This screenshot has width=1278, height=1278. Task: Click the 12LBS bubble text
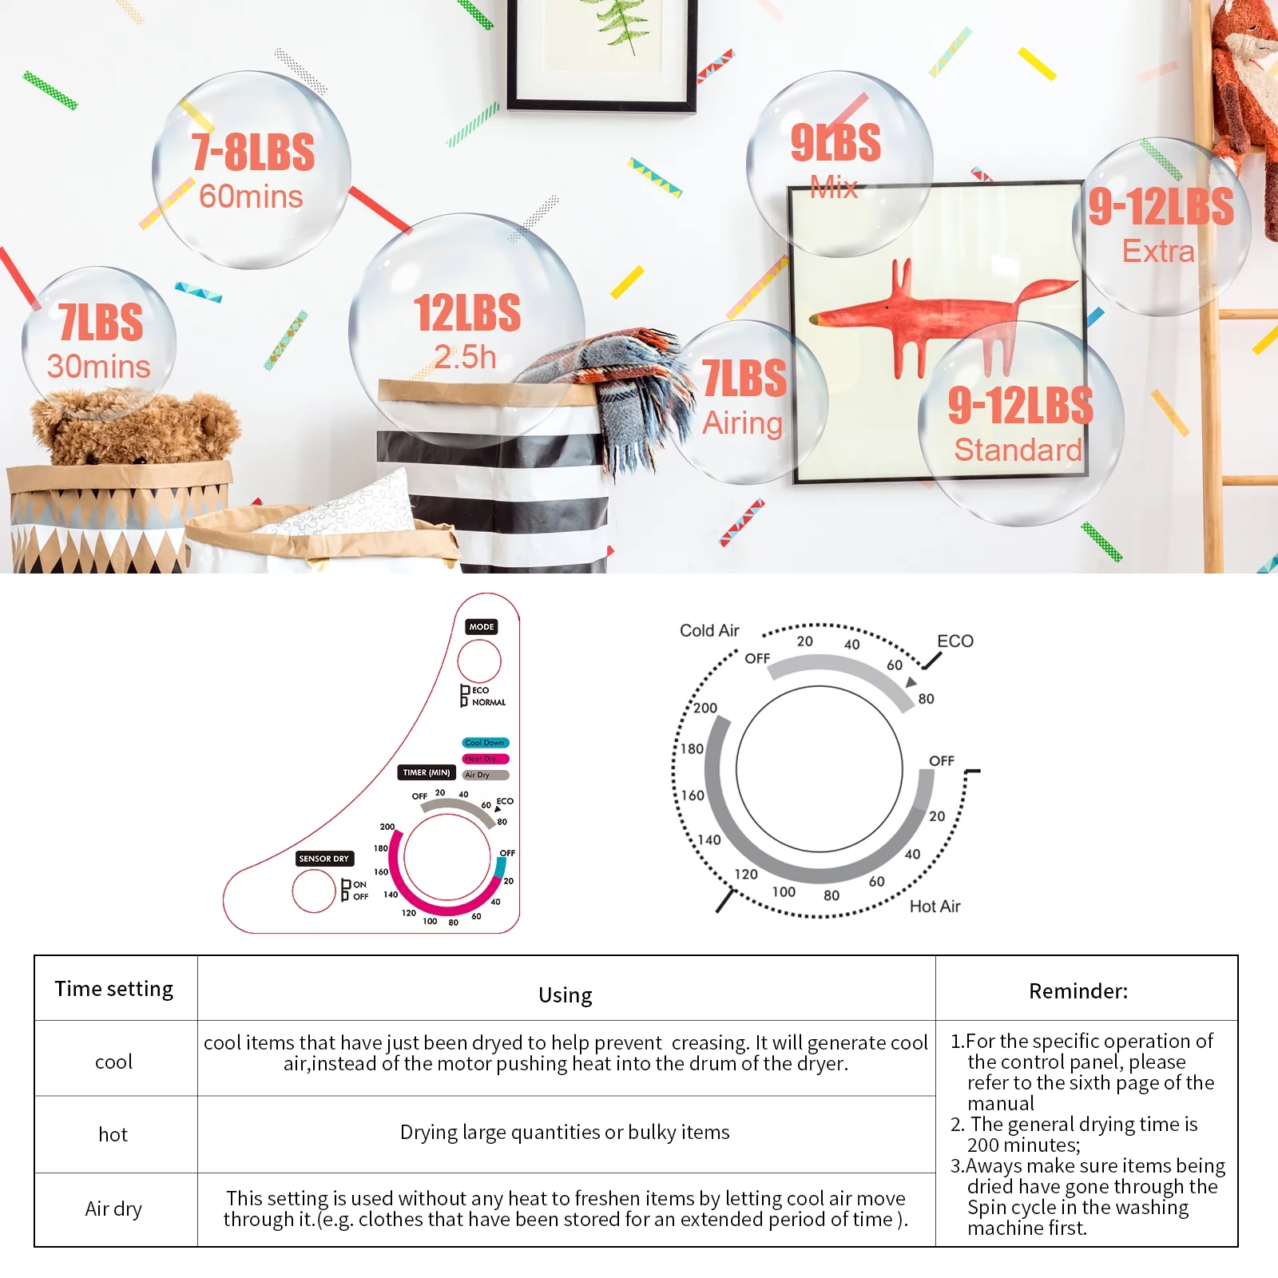point(467,313)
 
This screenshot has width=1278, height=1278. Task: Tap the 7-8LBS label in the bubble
point(253,152)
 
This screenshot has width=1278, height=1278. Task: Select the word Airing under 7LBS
point(742,423)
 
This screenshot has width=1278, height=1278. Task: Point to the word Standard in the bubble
point(1018,450)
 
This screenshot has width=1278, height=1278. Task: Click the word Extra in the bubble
point(1158,252)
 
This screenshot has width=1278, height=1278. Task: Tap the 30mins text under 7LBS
point(98,367)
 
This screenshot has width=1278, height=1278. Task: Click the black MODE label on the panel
point(482,627)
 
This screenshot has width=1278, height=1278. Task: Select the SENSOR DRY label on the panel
point(323,859)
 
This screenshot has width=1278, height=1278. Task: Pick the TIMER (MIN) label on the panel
point(427,772)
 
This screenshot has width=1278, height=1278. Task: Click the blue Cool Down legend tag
point(485,743)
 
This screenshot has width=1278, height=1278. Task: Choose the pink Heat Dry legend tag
point(485,759)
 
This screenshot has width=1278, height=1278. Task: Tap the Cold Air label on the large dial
point(709,630)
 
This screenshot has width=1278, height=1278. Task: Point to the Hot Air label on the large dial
point(935,907)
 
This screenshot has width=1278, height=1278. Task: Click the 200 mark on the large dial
point(705,708)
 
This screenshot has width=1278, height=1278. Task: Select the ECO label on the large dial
point(955,641)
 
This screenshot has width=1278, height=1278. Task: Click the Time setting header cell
point(115,988)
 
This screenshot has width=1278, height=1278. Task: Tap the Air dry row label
point(113,1209)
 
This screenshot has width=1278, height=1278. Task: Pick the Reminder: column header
point(1078,991)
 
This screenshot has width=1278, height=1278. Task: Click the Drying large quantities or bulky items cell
point(565,1133)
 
